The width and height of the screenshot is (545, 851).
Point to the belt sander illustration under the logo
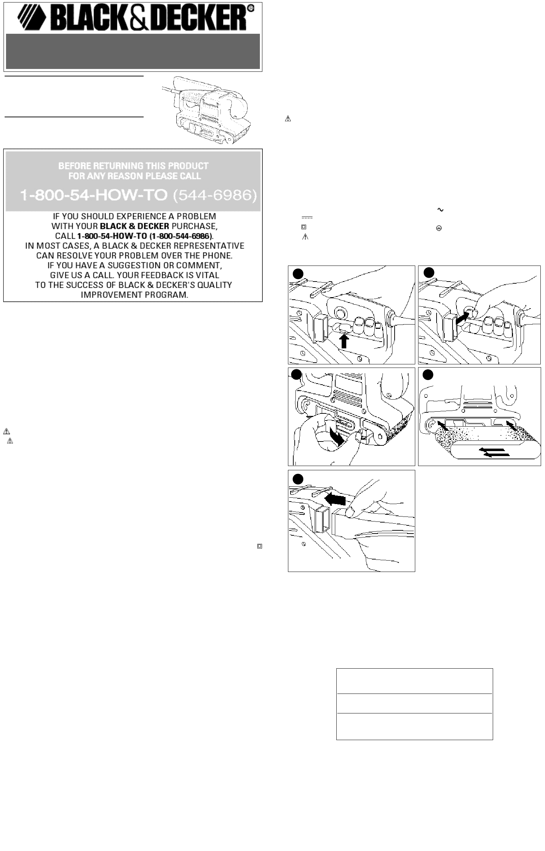(206, 110)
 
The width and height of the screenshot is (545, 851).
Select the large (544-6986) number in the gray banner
(215, 196)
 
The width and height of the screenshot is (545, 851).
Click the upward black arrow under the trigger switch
(343, 342)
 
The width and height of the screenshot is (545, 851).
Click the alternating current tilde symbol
(440, 210)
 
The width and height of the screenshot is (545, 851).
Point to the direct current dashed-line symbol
(307, 218)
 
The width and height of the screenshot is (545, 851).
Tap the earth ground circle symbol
(439, 229)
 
